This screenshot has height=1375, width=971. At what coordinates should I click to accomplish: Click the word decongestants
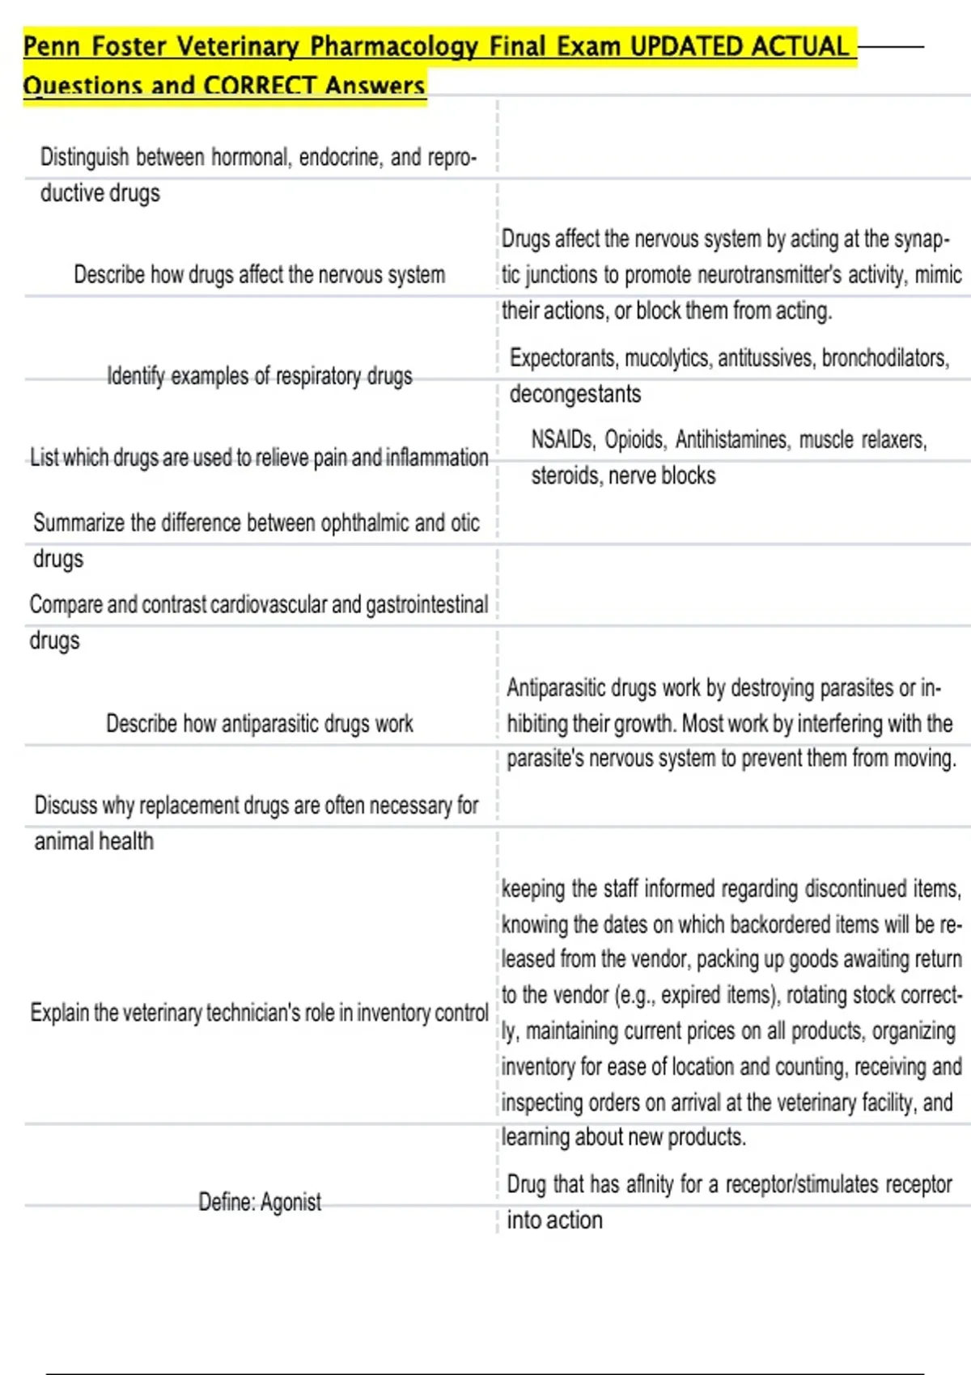click(x=575, y=394)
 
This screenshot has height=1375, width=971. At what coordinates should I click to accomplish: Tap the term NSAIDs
click(x=562, y=440)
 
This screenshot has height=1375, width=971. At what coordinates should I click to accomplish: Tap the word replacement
click(x=189, y=806)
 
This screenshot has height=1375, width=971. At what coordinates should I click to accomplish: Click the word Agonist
click(x=290, y=1203)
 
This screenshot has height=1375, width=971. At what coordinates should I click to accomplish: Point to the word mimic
click(x=938, y=275)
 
